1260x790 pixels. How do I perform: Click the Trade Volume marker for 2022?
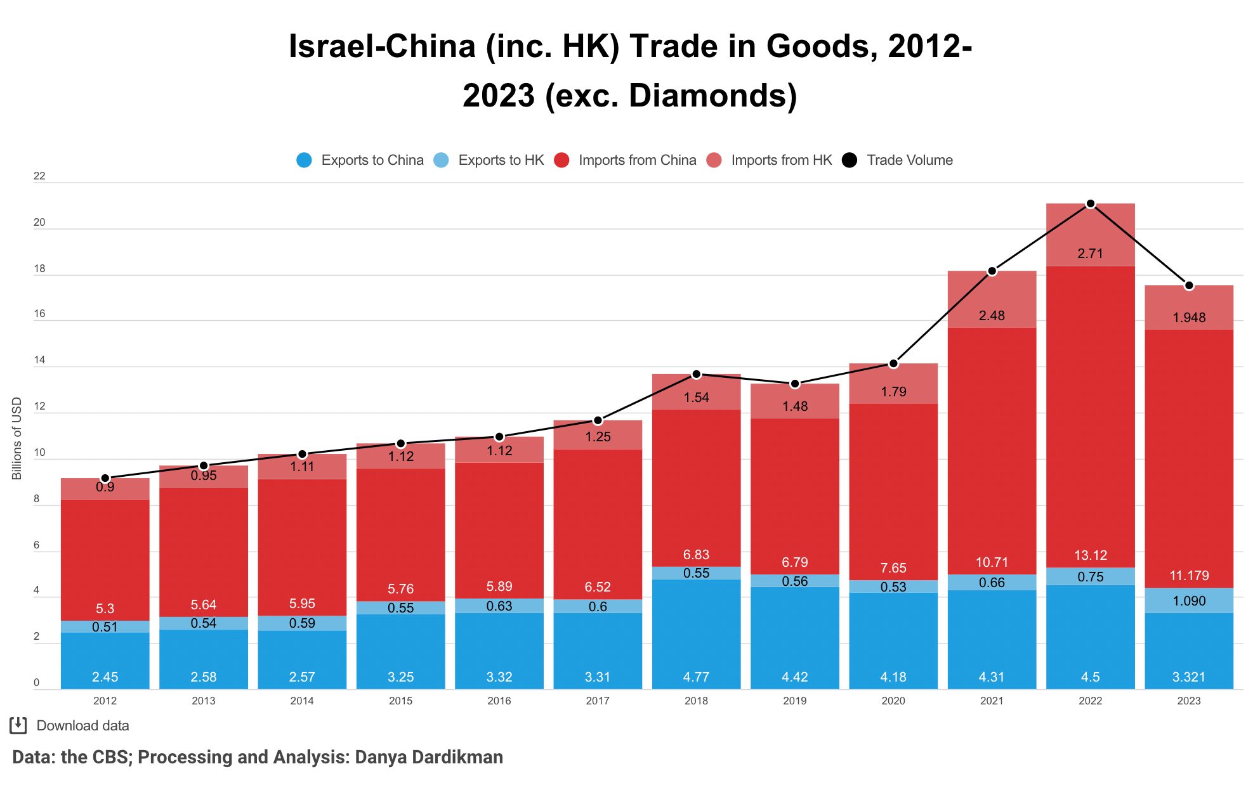(x=1090, y=204)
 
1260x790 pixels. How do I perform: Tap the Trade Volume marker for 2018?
(x=696, y=374)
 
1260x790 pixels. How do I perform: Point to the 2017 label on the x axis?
(x=597, y=701)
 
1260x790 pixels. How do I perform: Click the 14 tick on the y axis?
(x=39, y=360)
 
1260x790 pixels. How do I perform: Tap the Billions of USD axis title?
(x=17, y=438)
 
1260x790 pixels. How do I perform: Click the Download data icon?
(x=18, y=725)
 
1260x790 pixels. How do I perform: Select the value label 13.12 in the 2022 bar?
(x=1090, y=555)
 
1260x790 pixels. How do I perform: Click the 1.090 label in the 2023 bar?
(x=1188, y=601)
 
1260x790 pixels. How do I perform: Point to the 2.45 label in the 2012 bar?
(x=105, y=677)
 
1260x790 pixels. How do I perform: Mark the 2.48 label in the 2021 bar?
(x=991, y=316)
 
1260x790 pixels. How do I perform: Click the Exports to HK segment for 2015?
(x=400, y=607)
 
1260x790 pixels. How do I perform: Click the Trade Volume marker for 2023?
(x=1188, y=286)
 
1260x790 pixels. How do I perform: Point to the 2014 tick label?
(x=301, y=701)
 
